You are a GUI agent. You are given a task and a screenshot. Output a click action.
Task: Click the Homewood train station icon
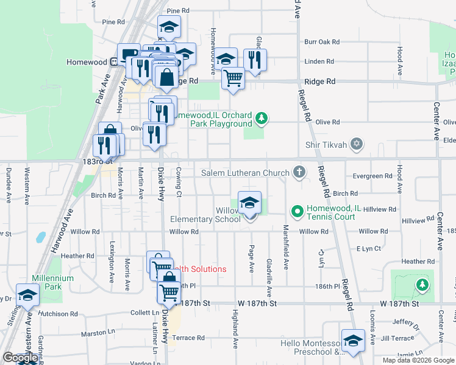113,62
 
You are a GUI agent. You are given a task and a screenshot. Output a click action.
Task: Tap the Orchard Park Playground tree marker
262,117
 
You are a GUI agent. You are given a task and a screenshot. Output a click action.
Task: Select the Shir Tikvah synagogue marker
357,144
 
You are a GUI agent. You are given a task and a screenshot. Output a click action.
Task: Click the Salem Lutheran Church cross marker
299,172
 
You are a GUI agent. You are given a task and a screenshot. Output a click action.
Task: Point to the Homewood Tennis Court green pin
297,212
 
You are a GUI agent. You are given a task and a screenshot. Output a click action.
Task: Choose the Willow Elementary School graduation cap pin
249,204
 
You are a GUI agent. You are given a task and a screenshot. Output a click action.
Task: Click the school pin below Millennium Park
27,296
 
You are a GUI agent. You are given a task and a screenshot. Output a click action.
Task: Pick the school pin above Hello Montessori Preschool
353,341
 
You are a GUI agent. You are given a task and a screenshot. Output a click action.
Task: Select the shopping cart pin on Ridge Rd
233,77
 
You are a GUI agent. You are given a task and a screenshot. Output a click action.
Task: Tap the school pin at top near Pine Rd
169,27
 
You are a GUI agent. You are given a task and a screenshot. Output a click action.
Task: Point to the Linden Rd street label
319,61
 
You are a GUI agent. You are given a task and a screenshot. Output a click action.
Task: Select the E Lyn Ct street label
368,249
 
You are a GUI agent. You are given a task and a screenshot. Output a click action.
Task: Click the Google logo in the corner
20,358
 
